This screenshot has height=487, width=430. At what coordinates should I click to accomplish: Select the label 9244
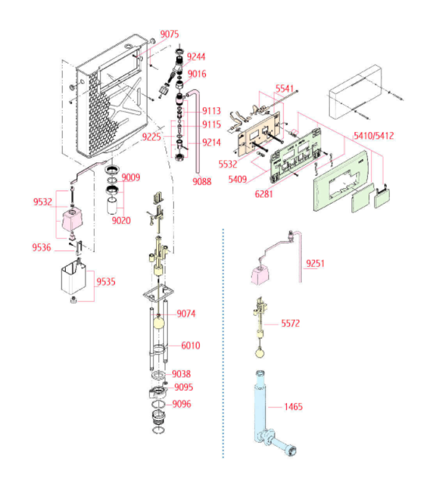click(196, 56)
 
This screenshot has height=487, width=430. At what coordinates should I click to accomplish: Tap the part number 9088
click(202, 182)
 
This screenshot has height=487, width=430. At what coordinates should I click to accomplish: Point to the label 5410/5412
click(374, 136)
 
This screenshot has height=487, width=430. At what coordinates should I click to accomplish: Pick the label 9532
click(42, 202)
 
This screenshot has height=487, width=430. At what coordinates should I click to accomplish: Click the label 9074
click(185, 313)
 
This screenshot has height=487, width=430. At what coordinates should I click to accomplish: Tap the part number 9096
click(182, 404)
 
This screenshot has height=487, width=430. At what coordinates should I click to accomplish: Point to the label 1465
click(294, 406)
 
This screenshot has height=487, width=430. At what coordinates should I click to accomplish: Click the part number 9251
click(315, 263)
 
